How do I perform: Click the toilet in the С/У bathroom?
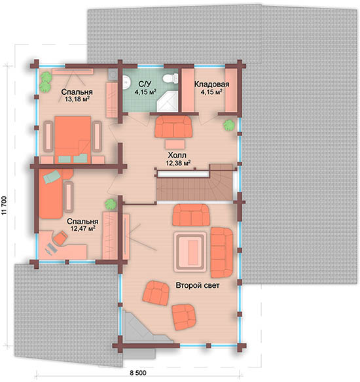pyautogui.click(x=171, y=78)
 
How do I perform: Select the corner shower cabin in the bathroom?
pyautogui.click(x=168, y=103)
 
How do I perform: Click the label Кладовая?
pyautogui.click(x=211, y=84)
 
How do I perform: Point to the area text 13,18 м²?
pyautogui.click(x=77, y=99)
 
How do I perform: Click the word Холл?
pyautogui.click(x=177, y=155)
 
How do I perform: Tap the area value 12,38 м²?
pyautogui.click(x=178, y=163)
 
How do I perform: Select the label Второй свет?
pyautogui.click(x=198, y=285)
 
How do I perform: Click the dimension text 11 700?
pyautogui.click(x=5, y=205)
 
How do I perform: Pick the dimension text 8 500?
pyautogui.click(x=138, y=373)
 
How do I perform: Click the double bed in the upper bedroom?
pyautogui.click(x=73, y=139)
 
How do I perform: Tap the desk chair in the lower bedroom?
pyautogui.click(x=60, y=238)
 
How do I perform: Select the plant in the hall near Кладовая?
pyautogui.click(x=229, y=125)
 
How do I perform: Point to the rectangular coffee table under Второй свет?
pyautogui.click(x=190, y=252)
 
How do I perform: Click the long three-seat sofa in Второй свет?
pyautogui.click(x=221, y=252)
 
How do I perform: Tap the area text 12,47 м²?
pyautogui.click(x=83, y=228)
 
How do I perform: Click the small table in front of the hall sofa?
pyautogui.click(x=175, y=144)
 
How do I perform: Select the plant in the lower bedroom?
pyautogui.click(x=111, y=204)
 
